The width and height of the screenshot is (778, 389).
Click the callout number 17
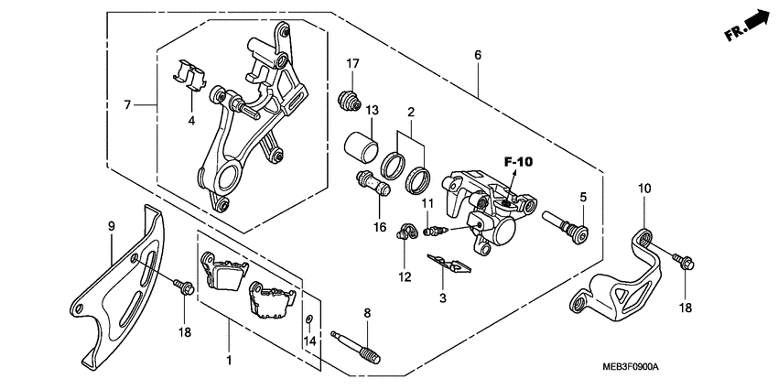(353, 63)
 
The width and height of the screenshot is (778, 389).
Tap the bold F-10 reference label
(518, 162)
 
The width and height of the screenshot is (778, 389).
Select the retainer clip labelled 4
(189, 74)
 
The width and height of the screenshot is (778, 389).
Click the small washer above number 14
(310, 319)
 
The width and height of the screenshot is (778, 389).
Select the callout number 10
(644, 189)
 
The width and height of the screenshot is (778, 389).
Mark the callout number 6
(478, 56)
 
